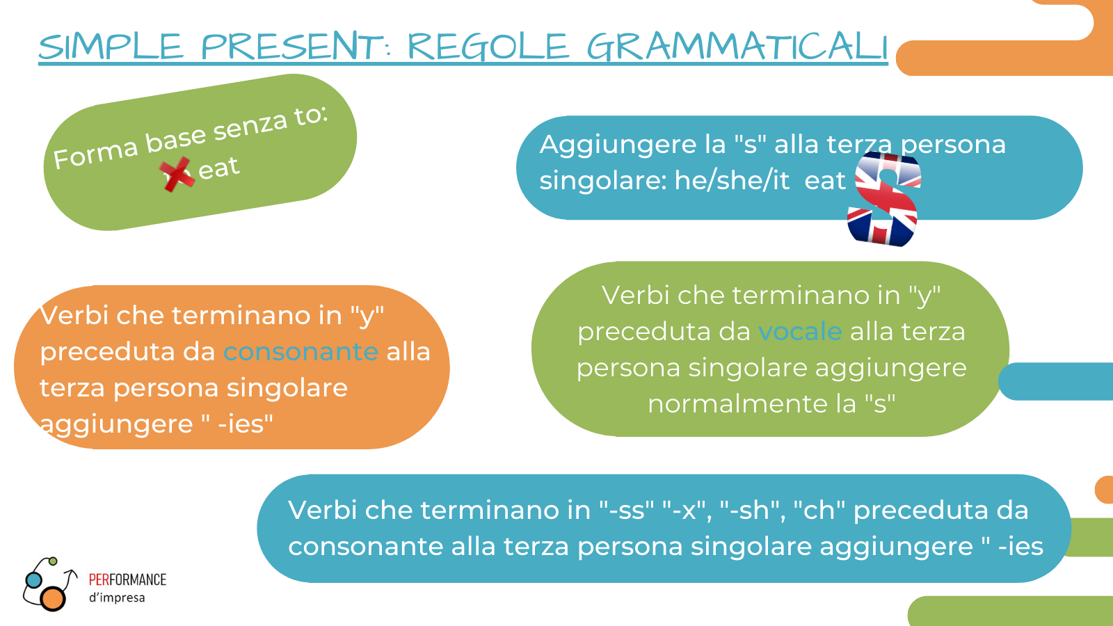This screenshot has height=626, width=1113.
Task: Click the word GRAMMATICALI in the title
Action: pos(737,47)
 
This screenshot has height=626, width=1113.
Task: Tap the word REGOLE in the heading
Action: pos(488,47)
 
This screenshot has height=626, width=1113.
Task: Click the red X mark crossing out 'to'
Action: pos(177,175)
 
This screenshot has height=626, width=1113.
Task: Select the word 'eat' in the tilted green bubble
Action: pos(218,168)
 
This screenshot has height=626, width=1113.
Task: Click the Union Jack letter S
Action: pos(884,200)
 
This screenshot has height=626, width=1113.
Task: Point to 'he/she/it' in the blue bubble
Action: pos(732,181)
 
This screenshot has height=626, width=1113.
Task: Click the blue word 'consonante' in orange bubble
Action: pos(301,352)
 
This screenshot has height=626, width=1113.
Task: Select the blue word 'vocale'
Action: pos(800,332)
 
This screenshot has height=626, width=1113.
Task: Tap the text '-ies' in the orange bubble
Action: pos(245,424)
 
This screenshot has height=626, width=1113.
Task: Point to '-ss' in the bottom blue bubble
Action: pos(626,511)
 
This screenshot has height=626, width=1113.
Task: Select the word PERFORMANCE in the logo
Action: pos(127,579)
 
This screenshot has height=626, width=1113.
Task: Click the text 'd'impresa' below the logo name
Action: pos(117,598)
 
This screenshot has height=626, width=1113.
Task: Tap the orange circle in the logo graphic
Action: pos(52,598)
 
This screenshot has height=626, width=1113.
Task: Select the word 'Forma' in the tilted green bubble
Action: pos(95,154)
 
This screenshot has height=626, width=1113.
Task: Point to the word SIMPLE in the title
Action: pos(111,47)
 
